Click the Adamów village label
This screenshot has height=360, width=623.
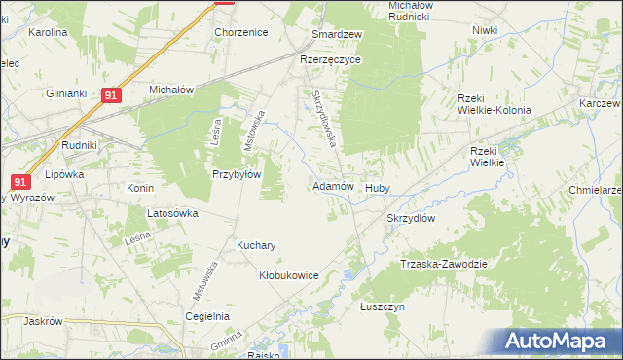[x=332, y=185]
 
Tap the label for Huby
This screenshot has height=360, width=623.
[x=377, y=187]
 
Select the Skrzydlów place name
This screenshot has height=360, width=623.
[x=411, y=218]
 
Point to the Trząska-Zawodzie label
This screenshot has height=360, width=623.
[x=443, y=264]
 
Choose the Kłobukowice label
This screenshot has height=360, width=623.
[x=289, y=275]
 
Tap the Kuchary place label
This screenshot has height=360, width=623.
[x=256, y=245]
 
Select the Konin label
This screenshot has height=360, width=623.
[x=141, y=188]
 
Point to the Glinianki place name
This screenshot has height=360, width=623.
[x=66, y=93]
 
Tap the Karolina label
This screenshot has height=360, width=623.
[x=48, y=32]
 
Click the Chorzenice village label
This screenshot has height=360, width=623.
[x=240, y=32]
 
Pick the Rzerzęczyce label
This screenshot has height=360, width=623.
[x=331, y=59]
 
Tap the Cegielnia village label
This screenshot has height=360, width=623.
[x=206, y=316]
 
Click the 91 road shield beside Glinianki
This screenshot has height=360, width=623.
[x=111, y=95]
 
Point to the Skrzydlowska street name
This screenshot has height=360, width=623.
[x=324, y=118]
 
